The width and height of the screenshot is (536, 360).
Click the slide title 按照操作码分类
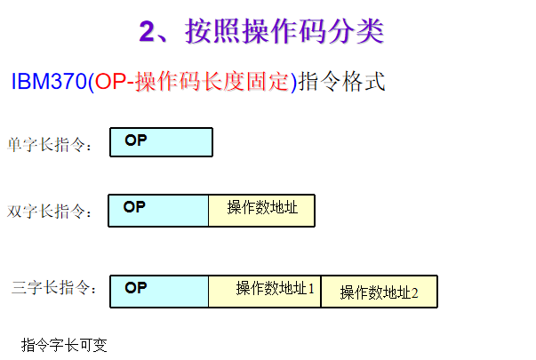284,32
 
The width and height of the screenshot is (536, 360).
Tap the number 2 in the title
148,32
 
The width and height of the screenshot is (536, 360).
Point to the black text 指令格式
343,82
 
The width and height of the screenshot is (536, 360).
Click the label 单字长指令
50,145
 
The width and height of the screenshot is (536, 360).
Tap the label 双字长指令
50,212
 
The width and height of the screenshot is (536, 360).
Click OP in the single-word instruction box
135,140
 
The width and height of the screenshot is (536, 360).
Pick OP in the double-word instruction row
134,207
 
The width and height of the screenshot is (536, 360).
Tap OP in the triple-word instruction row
135,287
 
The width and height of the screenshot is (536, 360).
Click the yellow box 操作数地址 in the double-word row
261,210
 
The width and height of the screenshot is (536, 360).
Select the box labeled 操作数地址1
265,291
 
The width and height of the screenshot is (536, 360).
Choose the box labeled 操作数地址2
379,292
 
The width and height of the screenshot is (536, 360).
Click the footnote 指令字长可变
64,345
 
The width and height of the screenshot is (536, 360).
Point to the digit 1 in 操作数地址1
311,288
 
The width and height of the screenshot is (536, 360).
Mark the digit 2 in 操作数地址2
413,292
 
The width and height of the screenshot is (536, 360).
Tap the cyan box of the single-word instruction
173,142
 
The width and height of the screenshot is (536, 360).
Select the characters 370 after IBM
68,82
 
